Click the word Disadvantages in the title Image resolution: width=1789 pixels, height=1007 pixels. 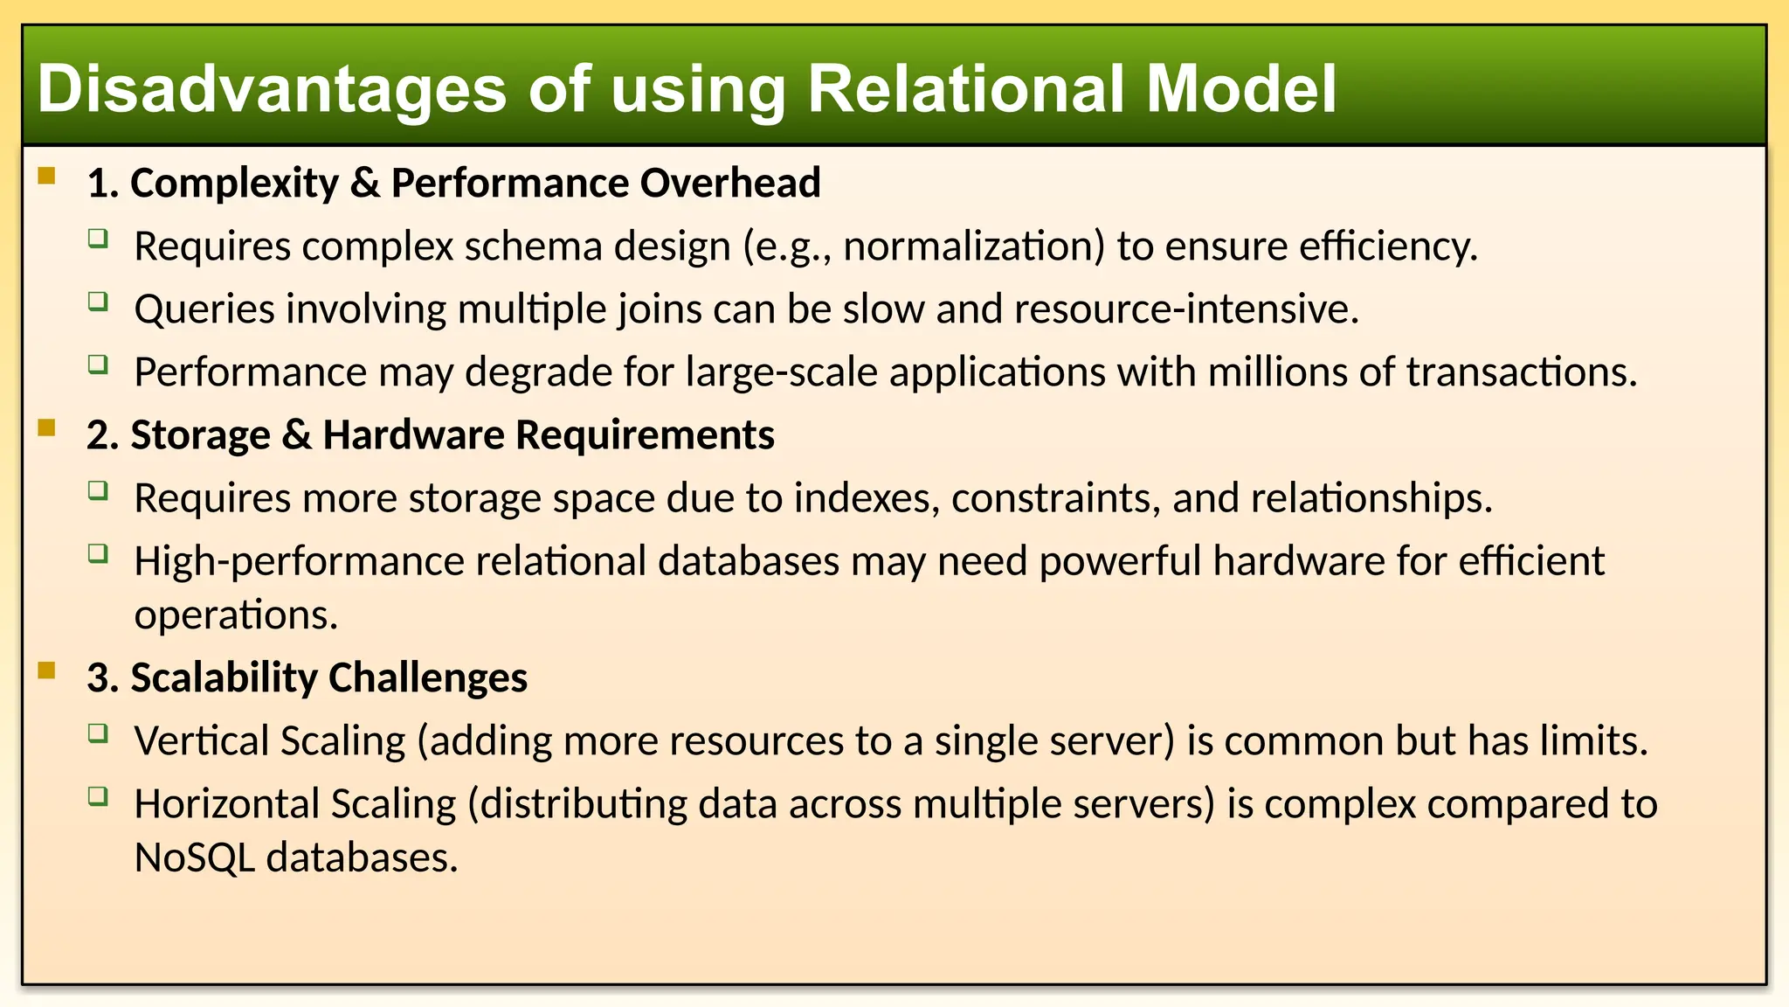point(272,89)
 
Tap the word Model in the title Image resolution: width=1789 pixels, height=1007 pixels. point(1240,89)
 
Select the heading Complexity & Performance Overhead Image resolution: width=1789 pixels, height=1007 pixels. point(453,184)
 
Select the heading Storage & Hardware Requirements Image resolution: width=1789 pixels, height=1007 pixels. point(431,435)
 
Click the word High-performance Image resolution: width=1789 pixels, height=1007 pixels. point(299,561)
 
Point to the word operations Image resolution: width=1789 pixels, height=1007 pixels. point(235,615)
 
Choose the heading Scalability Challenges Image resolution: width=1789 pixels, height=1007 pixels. point(307,678)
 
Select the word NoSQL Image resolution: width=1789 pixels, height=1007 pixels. point(194,858)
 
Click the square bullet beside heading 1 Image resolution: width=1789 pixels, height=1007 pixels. point(47,177)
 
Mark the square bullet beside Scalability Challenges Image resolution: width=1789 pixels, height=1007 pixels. point(47,671)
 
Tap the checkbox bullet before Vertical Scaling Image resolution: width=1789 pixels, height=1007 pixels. point(99,734)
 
